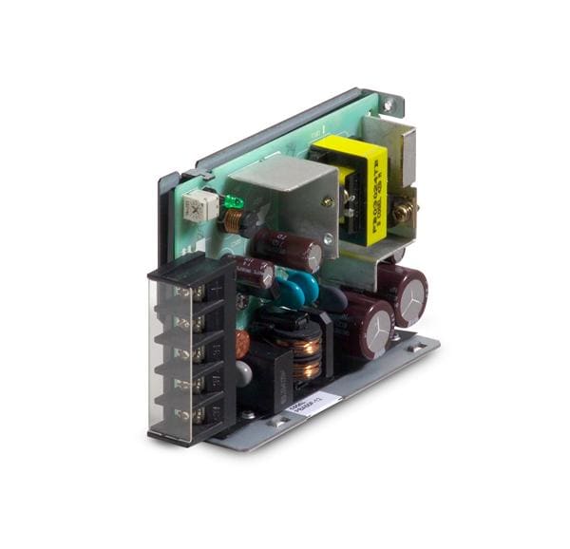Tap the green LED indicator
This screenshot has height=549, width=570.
click(231, 201)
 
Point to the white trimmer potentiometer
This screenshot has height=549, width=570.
click(199, 207)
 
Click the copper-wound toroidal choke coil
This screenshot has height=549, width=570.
click(302, 353)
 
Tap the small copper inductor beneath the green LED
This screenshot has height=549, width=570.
click(233, 222)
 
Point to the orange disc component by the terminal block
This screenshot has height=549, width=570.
click(242, 342)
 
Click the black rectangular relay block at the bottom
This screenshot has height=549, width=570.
click(269, 367)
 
